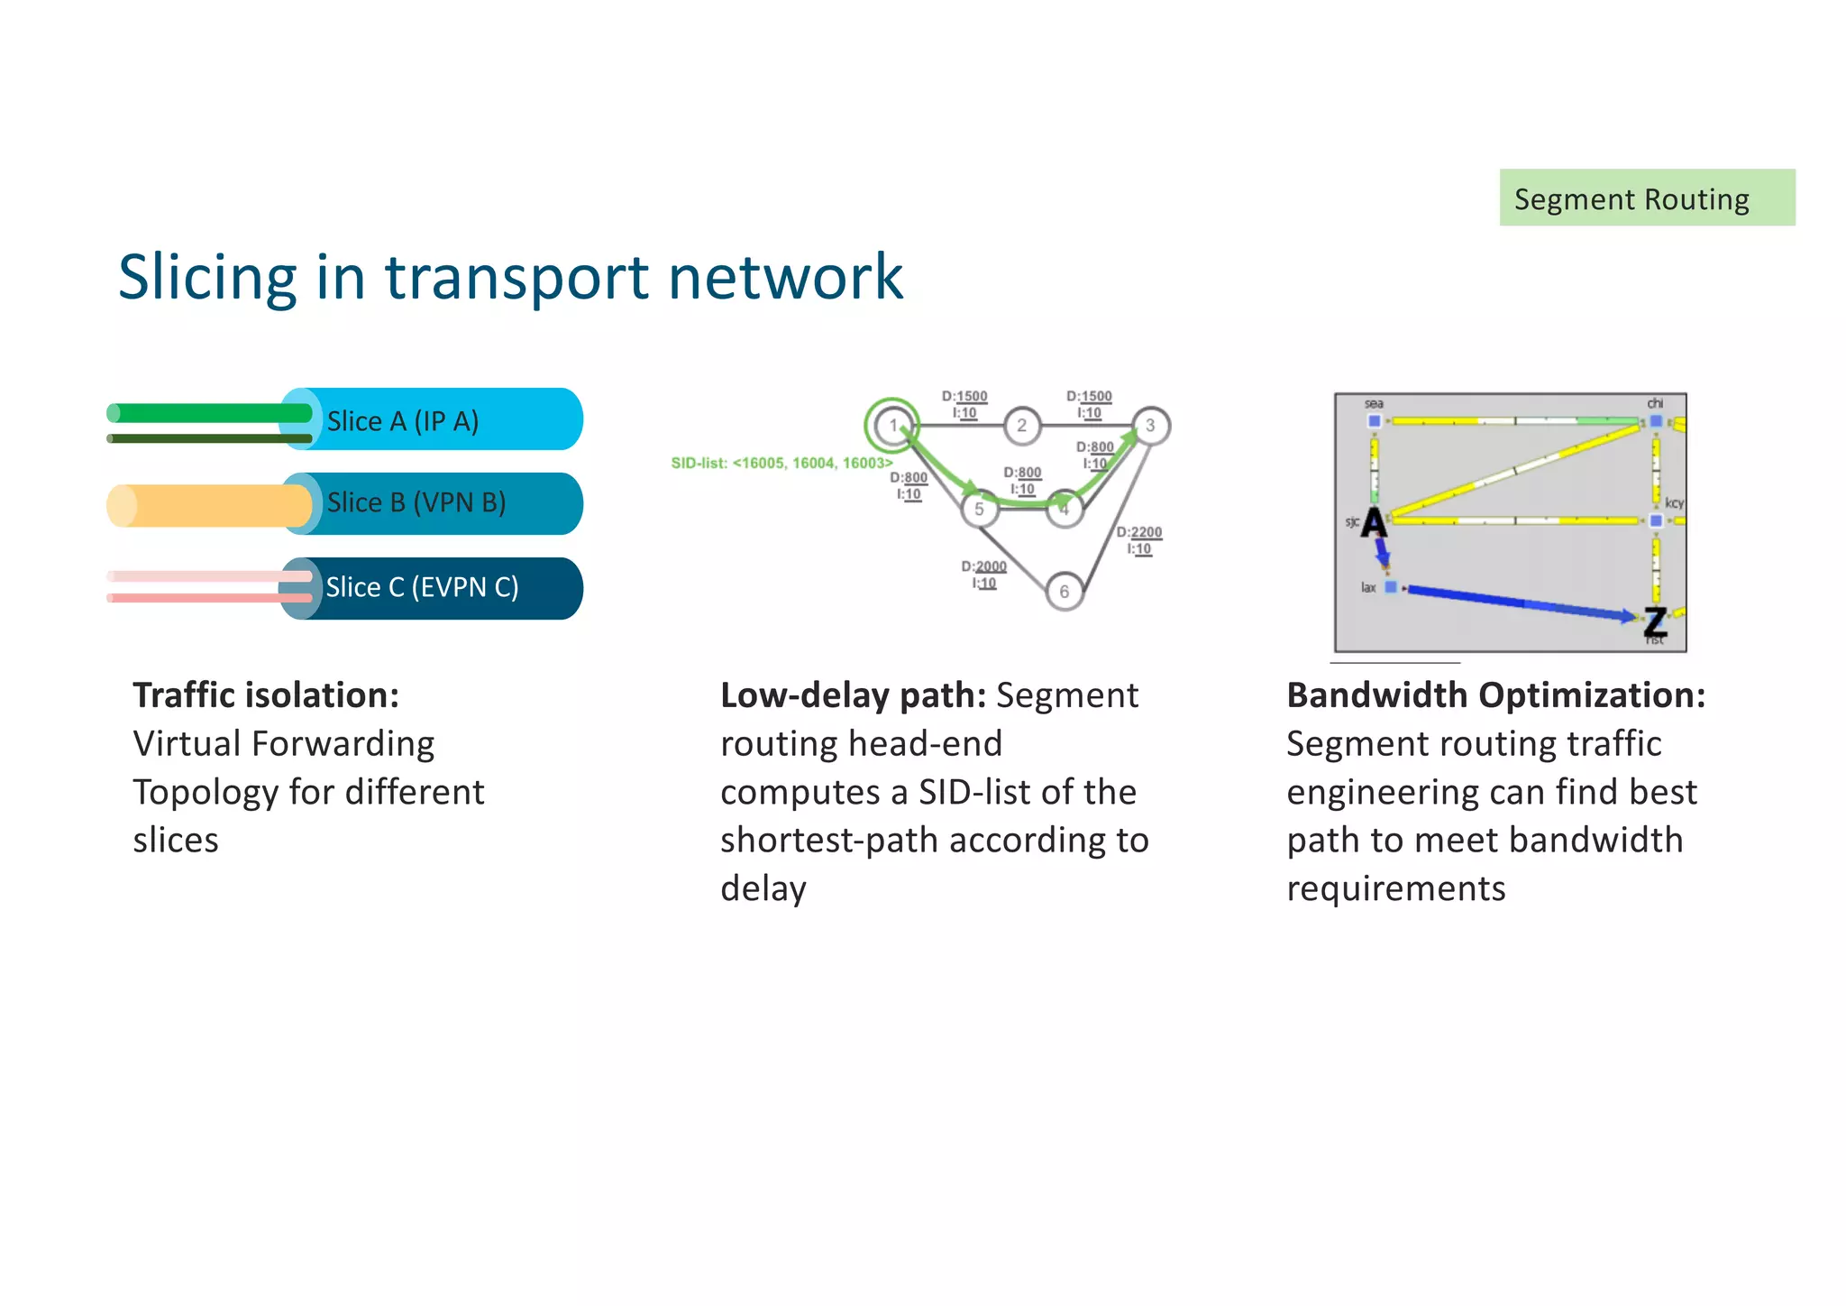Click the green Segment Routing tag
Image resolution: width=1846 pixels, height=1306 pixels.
(1646, 198)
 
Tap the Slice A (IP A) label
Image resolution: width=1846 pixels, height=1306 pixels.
(402, 421)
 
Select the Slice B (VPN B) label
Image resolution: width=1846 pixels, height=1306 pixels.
(416, 502)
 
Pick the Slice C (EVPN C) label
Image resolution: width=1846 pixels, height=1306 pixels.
(422, 587)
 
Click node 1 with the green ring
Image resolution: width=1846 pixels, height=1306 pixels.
(892, 426)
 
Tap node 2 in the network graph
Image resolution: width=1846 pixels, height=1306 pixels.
(1021, 426)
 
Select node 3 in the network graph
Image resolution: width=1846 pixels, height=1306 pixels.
(1150, 426)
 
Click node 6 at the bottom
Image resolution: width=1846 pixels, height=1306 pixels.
(1065, 592)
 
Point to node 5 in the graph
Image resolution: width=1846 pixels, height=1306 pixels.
(979, 510)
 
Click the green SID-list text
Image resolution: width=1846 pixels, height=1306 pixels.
(781, 463)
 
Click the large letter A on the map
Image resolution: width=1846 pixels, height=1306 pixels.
(1374, 523)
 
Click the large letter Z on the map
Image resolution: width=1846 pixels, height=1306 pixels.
(1655, 621)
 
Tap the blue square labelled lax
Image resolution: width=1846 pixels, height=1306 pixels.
(1391, 587)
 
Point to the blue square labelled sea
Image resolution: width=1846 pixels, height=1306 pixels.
(1375, 420)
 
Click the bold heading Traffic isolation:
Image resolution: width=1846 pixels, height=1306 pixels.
(266, 695)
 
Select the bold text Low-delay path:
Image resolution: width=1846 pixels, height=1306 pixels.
(853, 695)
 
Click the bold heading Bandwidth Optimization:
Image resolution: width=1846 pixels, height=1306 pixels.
(1495, 695)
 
